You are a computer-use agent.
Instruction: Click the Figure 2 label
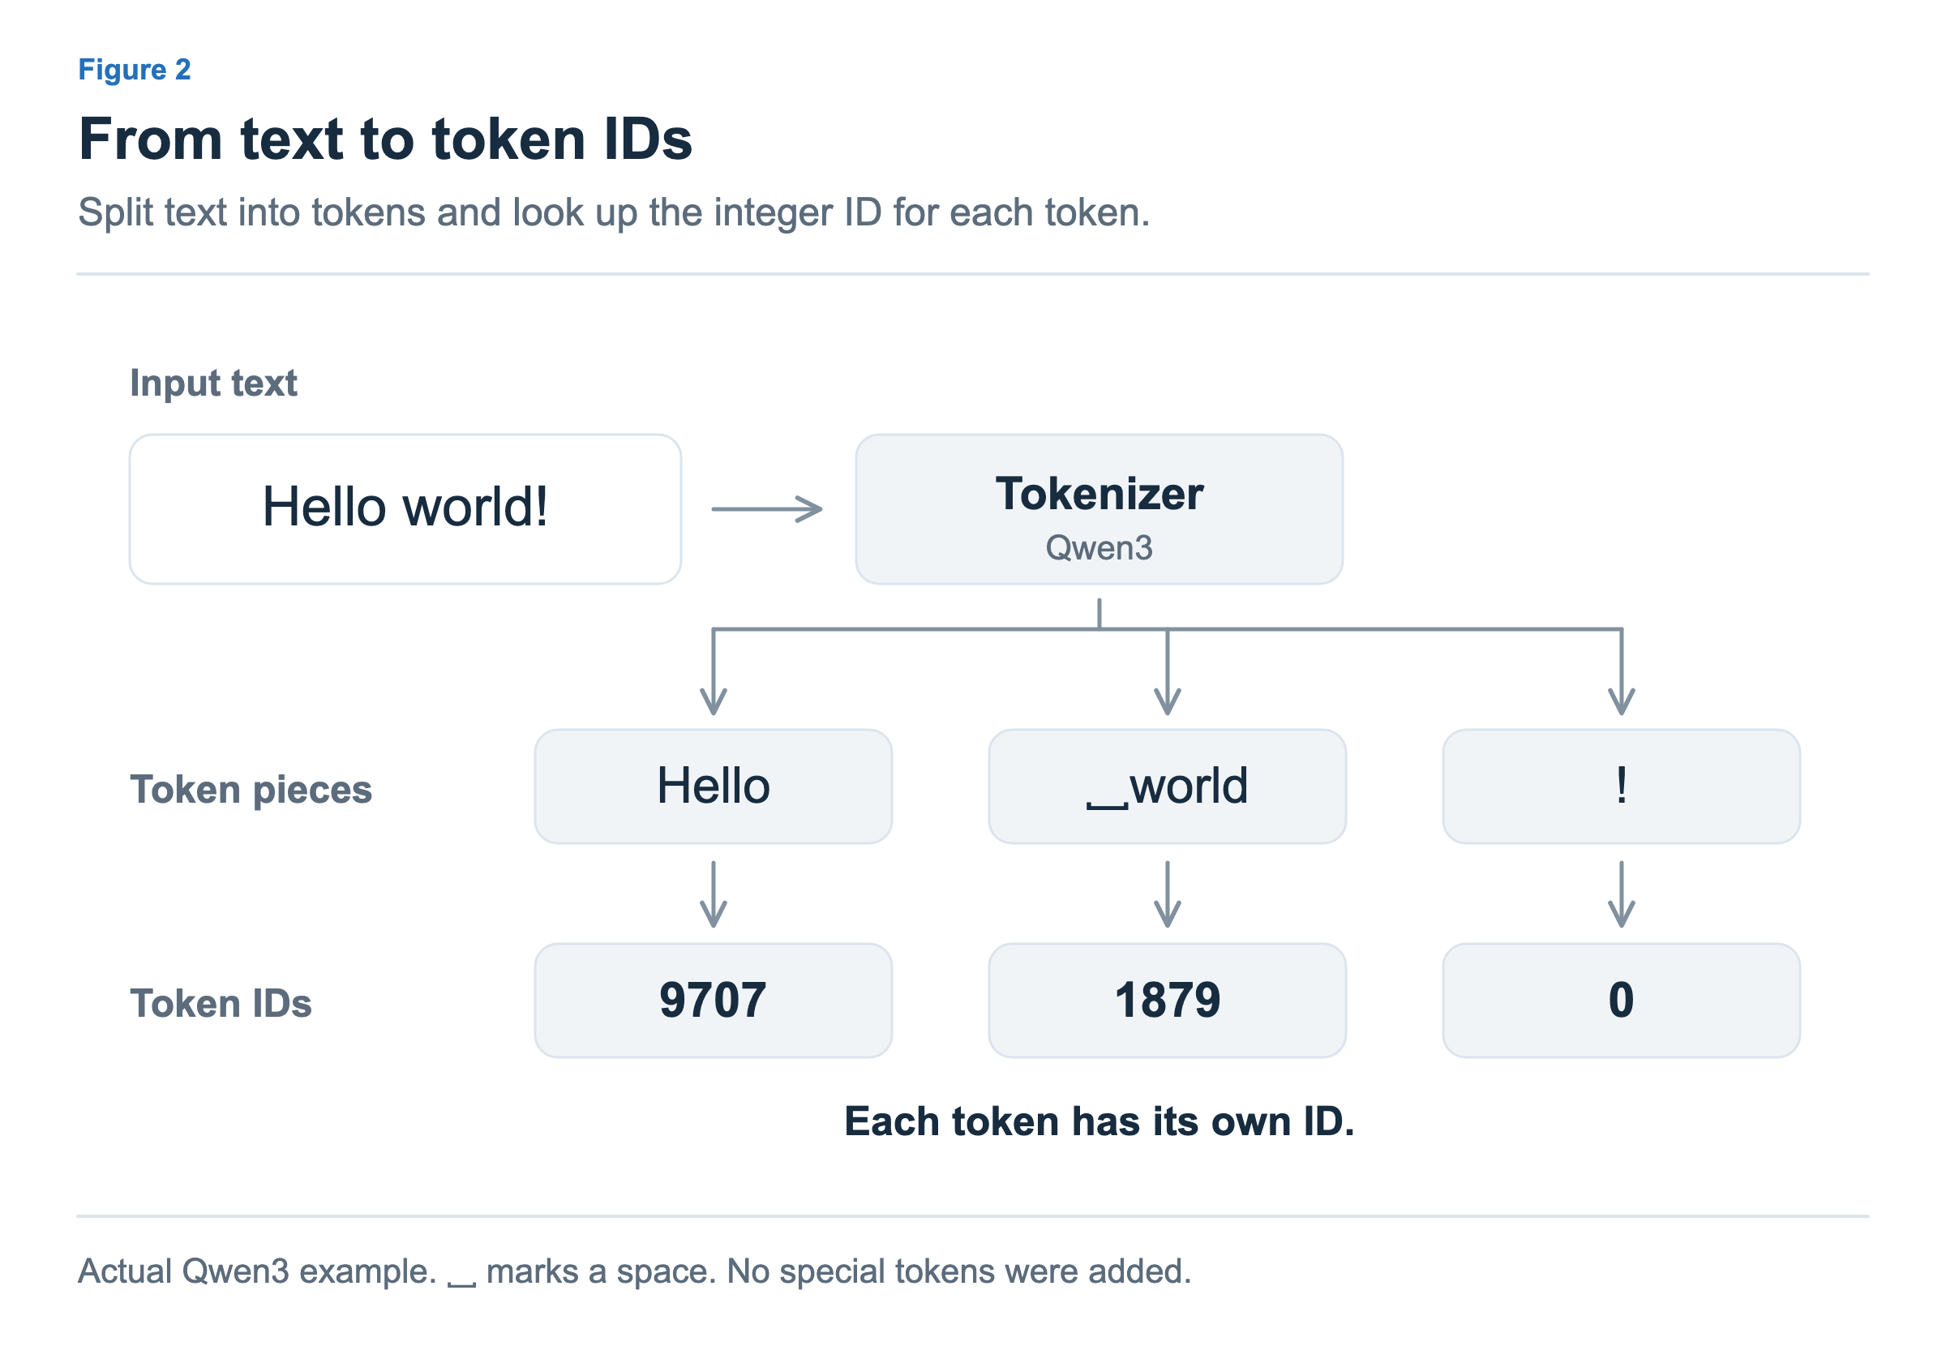[x=134, y=69]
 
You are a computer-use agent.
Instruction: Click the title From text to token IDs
[x=385, y=139]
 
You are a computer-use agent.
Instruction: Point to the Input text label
[x=213, y=384]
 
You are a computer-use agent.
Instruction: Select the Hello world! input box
[x=405, y=509]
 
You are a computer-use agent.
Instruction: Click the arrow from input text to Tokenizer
[x=766, y=509]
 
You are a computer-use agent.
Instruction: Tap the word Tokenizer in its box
[x=1099, y=494]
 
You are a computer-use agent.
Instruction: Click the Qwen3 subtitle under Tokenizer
[x=1099, y=548]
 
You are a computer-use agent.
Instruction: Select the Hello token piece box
[x=714, y=787]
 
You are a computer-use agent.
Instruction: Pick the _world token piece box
[x=1167, y=787]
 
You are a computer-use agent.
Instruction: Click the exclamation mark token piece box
[x=1622, y=787]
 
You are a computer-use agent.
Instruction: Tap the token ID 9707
[x=714, y=1001]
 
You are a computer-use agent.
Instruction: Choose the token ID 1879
[x=1167, y=1001]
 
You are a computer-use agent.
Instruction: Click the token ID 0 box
[x=1622, y=1001]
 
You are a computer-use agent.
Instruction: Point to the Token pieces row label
[x=251, y=791]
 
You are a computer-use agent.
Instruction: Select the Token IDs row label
[x=221, y=1004]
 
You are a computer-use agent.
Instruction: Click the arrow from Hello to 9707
[x=714, y=894]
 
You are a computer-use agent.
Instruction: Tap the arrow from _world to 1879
[x=1167, y=894]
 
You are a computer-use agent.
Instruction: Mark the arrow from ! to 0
[x=1622, y=894]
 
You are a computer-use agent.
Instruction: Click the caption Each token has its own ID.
[x=1099, y=1121]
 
